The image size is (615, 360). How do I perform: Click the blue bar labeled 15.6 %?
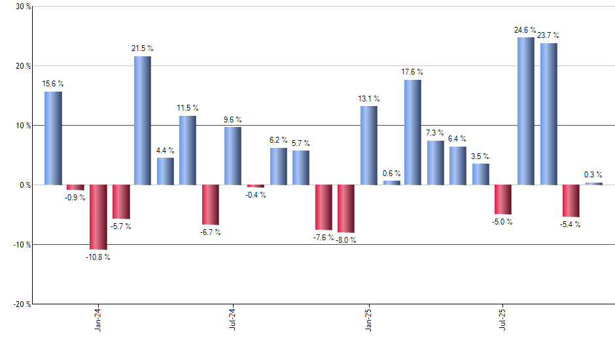53,138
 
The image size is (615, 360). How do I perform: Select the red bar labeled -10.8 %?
98,217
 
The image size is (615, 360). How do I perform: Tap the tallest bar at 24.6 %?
525,111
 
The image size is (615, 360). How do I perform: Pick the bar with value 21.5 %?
143,120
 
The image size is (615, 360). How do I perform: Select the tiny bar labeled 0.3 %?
593,184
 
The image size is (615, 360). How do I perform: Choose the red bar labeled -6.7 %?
210,204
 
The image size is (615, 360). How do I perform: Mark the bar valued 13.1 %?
368,145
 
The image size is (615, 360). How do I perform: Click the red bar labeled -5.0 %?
502,200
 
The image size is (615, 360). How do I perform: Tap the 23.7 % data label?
548,35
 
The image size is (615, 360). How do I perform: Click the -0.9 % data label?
75,198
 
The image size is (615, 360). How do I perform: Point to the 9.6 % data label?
232,120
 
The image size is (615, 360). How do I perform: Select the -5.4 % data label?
571,225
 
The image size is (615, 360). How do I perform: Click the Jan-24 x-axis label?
98,321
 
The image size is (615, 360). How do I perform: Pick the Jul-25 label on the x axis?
502,321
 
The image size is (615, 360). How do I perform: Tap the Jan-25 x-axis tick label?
368,321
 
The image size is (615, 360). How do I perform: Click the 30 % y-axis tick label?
22,7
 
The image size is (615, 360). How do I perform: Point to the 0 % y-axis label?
24,185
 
